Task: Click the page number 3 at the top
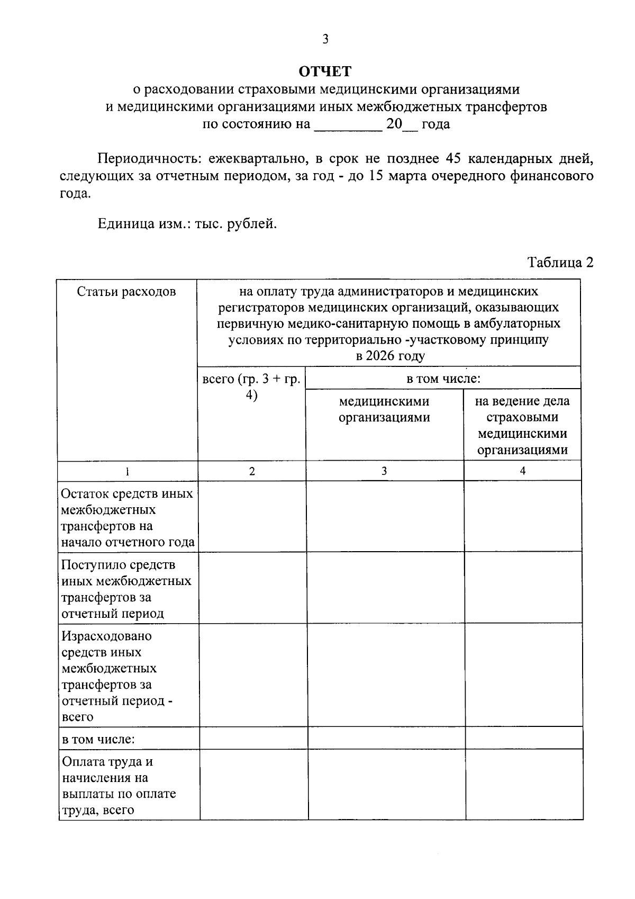325,40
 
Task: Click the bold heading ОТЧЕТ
325,71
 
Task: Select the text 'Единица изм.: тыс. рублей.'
187,223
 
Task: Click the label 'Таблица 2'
560,263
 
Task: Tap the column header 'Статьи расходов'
126,292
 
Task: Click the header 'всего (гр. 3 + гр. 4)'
252,388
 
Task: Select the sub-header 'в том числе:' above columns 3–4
443,379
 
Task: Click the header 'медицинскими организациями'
384,409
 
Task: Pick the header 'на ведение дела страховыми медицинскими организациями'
522,426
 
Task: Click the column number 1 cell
127,471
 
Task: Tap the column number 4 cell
523,471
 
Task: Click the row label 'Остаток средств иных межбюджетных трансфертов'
128,518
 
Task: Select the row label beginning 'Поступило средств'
126,589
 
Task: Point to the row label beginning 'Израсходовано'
117,676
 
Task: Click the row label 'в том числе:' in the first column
98,739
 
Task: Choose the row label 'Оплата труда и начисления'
119,786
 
